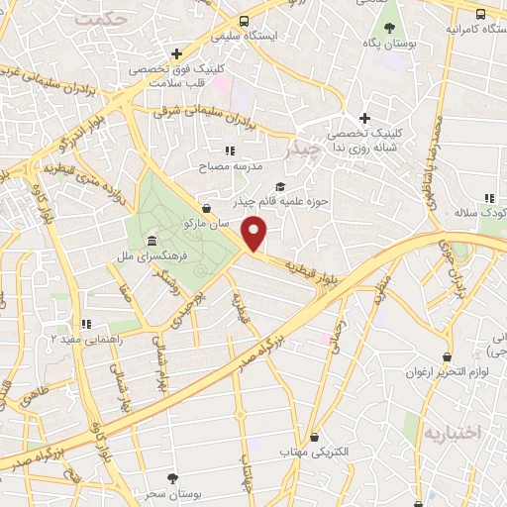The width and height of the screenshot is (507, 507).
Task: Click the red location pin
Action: (x=255, y=233)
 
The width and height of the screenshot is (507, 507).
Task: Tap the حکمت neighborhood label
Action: (x=102, y=19)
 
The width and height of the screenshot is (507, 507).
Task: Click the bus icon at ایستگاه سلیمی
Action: (x=245, y=21)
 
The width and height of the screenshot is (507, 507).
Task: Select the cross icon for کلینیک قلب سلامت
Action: (x=176, y=53)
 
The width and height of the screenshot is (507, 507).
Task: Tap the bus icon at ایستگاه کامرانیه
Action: (x=480, y=14)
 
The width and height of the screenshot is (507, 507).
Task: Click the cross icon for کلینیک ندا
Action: (x=364, y=118)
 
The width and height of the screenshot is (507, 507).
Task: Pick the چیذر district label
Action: (x=301, y=151)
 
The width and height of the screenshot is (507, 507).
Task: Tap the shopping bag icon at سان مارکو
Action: (x=205, y=208)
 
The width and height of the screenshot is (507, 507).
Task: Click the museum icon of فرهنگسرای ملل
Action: (x=151, y=242)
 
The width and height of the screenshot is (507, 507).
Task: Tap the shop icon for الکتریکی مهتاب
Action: (x=315, y=436)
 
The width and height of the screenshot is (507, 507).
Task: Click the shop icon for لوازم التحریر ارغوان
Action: (x=447, y=356)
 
